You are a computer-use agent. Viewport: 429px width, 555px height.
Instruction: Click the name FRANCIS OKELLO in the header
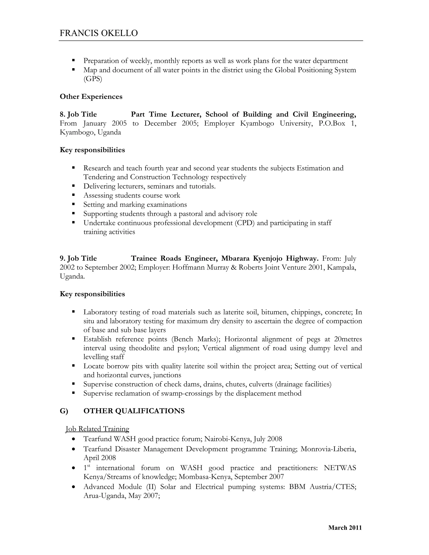tap(99, 33)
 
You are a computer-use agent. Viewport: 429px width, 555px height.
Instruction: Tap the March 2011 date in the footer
tap(345, 528)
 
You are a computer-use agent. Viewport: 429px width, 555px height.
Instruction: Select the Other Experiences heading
tap(91, 97)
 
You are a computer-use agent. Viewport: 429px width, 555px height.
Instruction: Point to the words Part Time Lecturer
tap(166, 114)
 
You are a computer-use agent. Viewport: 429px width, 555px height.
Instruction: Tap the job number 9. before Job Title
tap(62, 258)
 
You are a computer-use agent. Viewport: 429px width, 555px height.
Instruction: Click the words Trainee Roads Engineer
tap(174, 258)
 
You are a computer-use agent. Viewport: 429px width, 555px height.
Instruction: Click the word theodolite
tap(144, 348)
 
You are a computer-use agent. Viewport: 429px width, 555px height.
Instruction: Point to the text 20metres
tap(348, 339)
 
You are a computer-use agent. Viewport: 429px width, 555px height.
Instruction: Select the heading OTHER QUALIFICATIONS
tap(134, 411)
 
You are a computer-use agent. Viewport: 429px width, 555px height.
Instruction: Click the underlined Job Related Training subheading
tap(97, 429)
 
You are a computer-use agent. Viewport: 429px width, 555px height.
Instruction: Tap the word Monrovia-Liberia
tap(328, 449)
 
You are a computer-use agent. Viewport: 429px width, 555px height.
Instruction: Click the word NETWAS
tap(340, 468)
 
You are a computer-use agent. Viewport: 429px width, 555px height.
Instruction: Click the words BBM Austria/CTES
tap(323, 487)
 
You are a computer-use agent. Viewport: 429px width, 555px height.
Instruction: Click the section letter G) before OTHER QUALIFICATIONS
tap(64, 411)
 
